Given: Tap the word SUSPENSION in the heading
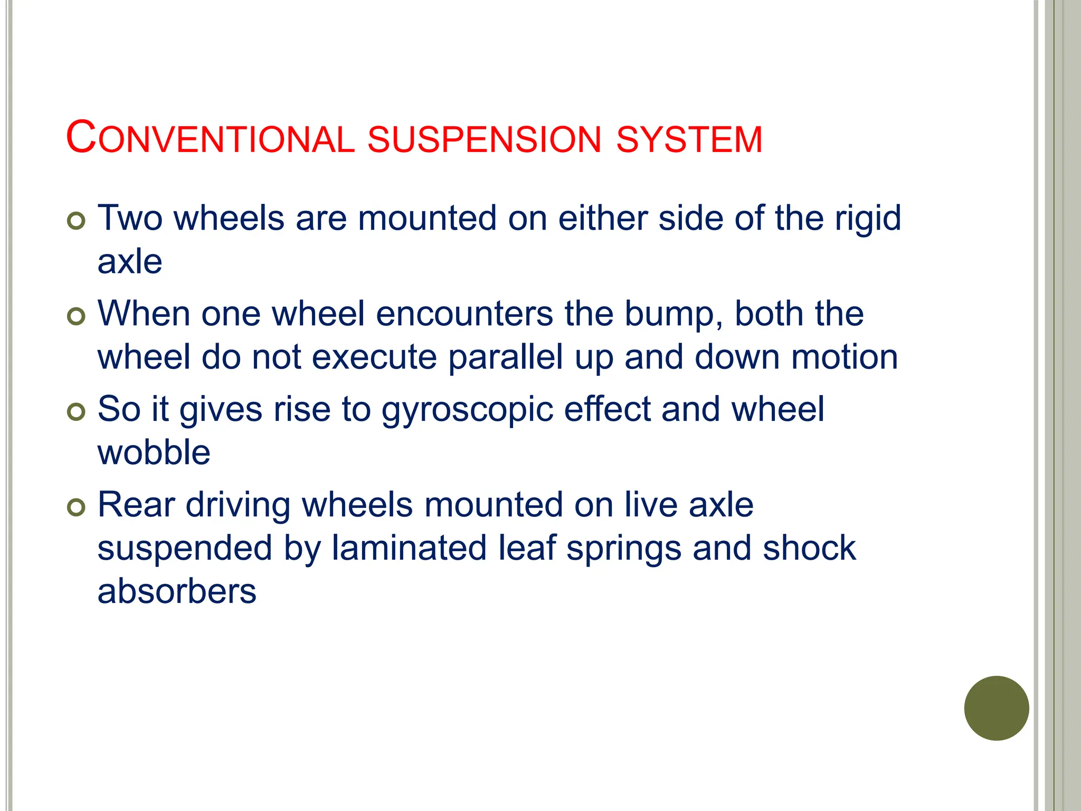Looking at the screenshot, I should [484, 139].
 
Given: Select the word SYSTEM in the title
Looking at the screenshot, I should [689, 139].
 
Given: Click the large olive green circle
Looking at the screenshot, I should [996, 708].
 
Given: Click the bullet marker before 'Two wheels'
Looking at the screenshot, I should [77, 221].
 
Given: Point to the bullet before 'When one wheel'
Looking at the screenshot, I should [77, 317].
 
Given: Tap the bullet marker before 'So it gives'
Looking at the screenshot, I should [77, 412].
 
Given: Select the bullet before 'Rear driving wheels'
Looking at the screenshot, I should [77, 508].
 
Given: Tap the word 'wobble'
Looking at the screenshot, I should [154, 453].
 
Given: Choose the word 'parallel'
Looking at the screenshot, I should [506, 358].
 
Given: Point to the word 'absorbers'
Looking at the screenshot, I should [177, 592].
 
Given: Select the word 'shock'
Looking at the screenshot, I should [809, 549].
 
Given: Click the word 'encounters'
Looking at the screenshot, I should [464, 314].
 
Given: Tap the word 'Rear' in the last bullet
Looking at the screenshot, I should [136, 505].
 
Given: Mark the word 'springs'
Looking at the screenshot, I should [623, 550].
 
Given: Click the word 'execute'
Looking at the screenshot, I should [374, 357].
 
